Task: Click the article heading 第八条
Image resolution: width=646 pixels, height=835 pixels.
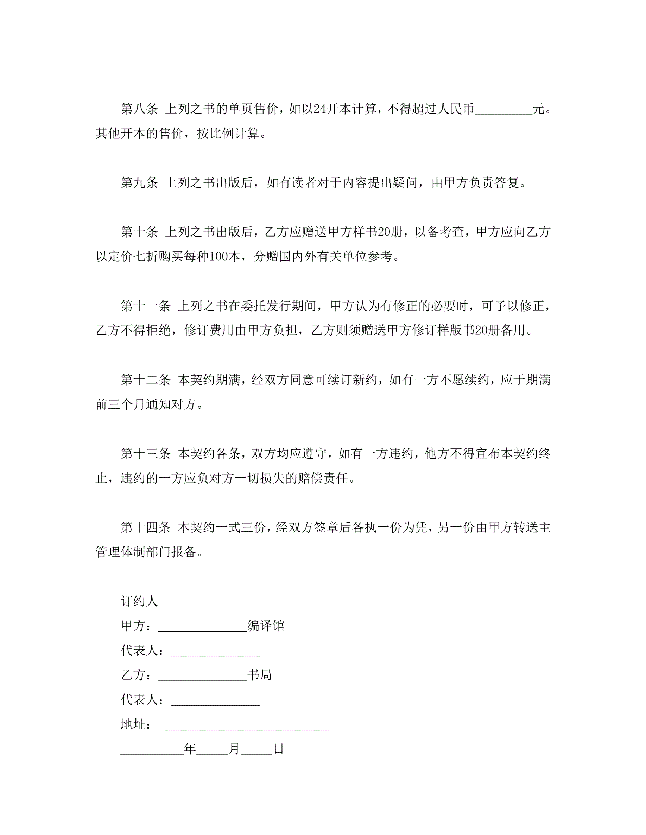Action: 139,109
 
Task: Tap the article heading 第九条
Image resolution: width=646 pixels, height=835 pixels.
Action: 139,182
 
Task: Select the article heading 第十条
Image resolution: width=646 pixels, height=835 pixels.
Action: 139,231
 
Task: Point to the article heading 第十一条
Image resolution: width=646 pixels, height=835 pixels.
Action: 145,305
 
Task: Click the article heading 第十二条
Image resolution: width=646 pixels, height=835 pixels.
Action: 145,379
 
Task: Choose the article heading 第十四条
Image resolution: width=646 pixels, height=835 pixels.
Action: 145,527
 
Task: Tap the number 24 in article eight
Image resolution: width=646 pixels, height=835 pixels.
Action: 319,109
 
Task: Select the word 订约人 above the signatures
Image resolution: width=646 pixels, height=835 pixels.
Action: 139,601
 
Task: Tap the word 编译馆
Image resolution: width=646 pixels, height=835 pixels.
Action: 266,626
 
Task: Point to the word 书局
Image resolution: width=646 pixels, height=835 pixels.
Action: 260,675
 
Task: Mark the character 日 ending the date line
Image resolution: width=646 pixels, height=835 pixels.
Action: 279,749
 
